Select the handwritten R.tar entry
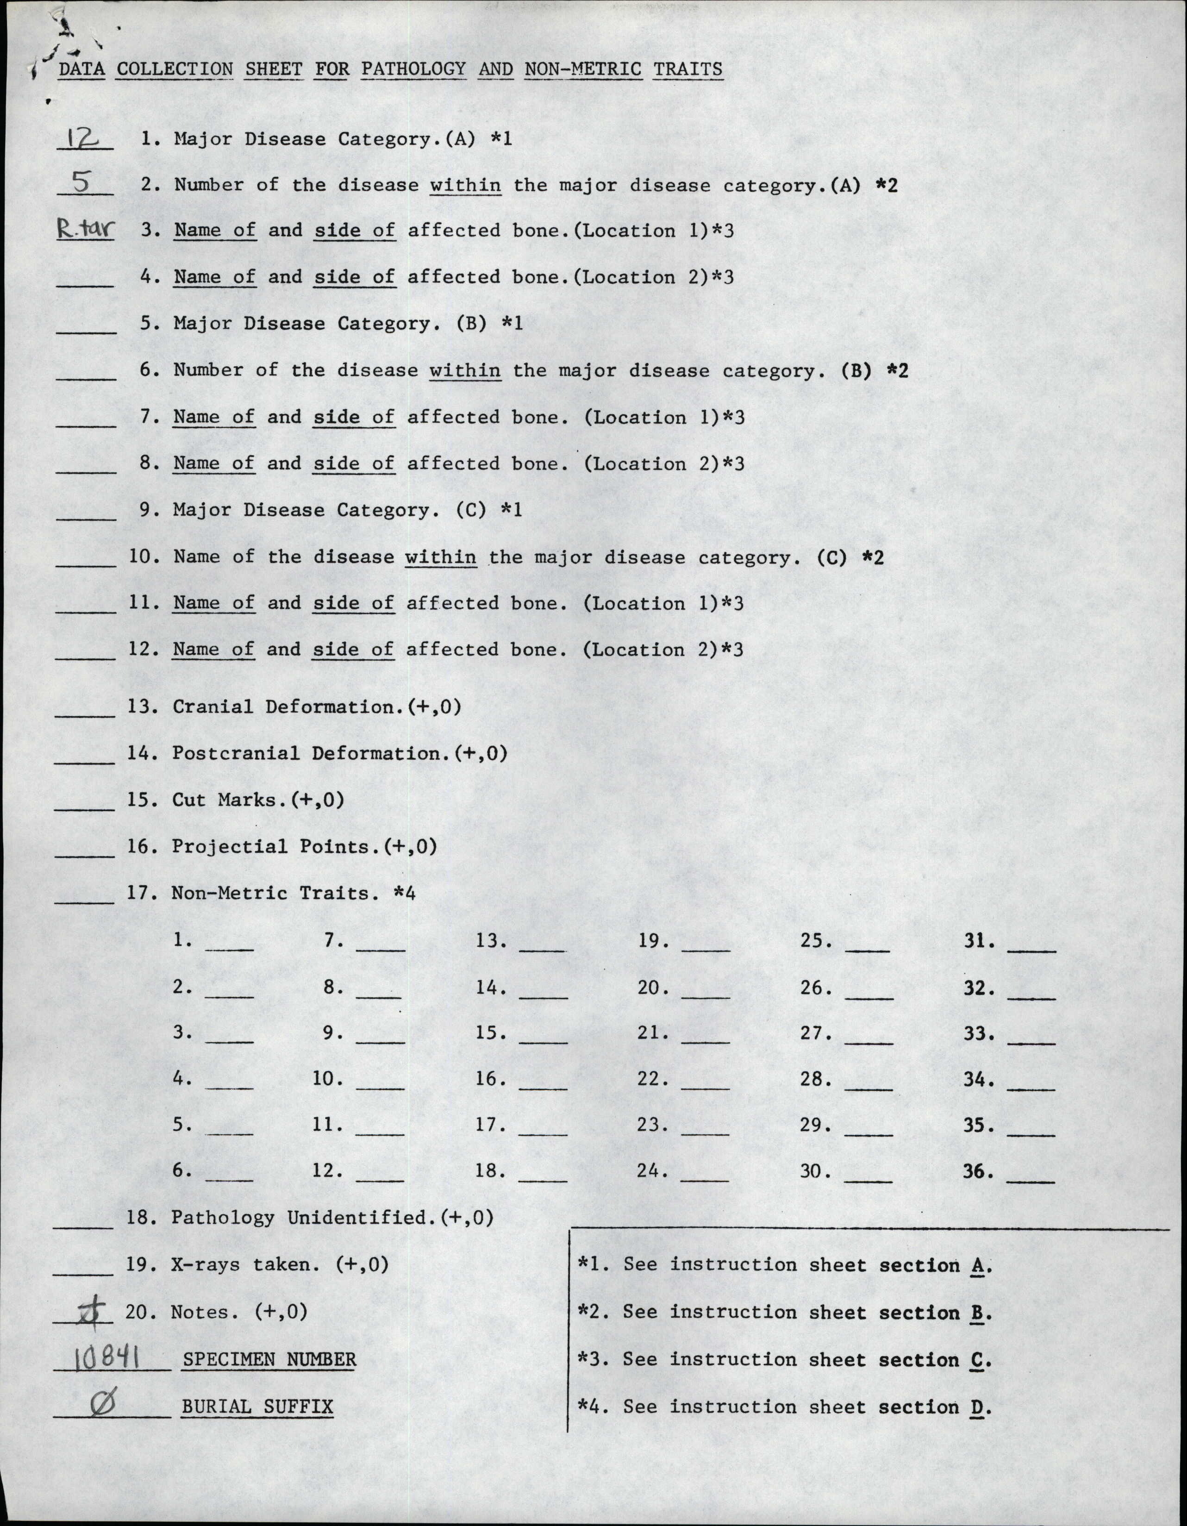click(85, 229)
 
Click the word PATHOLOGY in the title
click(413, 69)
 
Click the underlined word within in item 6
click(465, 370)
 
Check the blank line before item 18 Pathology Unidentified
click(83, 1226)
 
